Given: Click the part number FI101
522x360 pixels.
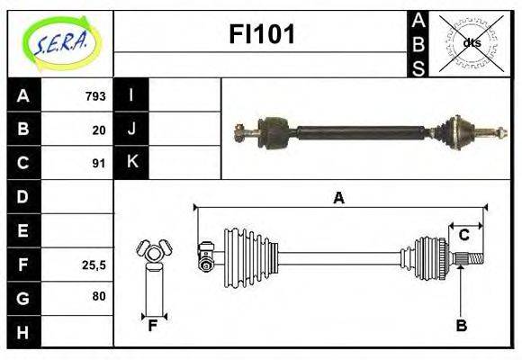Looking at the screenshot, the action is [x=262, y=34].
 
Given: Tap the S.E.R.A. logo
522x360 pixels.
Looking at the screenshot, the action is [x=60, y=43].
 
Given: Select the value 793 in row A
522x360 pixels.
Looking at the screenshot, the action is [x=95, y=96].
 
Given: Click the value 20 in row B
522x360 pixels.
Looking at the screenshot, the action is [x=99, y=130].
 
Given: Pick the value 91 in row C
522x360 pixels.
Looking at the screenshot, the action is [x=99, y=164].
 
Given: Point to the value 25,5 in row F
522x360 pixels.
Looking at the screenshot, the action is [x=94, y=265].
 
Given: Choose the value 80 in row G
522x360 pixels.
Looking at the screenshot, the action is [x=99, y=296].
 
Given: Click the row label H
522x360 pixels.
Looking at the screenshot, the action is [x=22, y=332].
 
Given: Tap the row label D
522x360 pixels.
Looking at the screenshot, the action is [x=22, y=196].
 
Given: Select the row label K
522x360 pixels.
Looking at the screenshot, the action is [x=132, y=161].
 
